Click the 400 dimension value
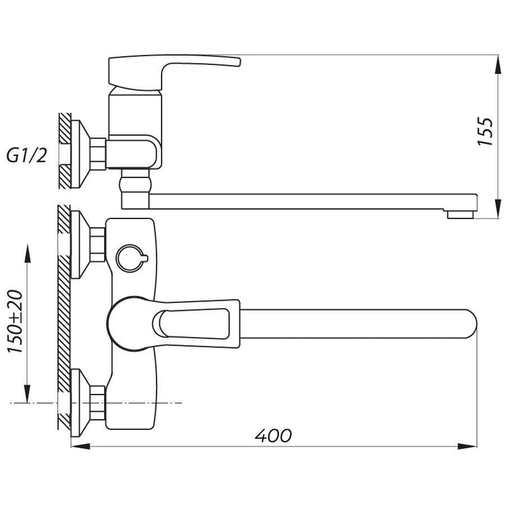point(273,435)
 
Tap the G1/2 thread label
point(26,155)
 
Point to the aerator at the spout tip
point(460,214)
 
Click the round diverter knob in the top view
point(130,258)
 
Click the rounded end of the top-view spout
point(469,324)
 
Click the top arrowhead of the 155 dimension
point(497,65)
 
